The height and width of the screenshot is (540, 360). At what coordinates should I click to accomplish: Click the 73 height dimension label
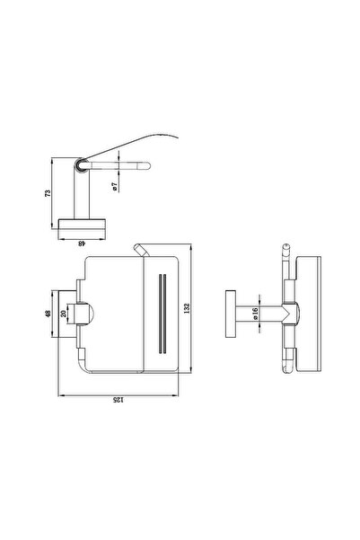[x=48, y=193]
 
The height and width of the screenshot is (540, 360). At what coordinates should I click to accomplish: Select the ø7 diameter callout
[x=115, y=187]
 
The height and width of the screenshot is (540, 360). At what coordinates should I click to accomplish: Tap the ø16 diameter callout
[x=255, y=314]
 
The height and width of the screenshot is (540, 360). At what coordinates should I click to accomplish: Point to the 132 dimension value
[x=187, y=308]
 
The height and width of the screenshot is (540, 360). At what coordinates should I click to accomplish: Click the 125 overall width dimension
[x=118, y=400]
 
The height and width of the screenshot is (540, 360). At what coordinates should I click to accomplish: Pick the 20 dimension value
[x=64, y=314]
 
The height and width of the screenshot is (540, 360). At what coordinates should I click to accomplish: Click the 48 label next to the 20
[x=48, y=314]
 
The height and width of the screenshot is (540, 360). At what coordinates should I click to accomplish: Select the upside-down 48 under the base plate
[x=81, y=243]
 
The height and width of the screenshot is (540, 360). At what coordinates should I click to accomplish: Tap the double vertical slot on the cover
[x=162, y=314]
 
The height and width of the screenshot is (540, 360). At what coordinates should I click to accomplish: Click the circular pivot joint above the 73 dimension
[x=81, y=165]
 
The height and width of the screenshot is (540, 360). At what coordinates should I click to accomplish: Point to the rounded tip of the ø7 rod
[x=147, y=165]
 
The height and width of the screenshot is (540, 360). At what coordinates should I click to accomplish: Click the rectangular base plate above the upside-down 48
[x=82, y=224]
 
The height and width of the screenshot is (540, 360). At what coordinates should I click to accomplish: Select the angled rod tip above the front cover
[x=140, y=251]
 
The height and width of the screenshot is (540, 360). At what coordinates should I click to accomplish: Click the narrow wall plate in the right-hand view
[x=231, y=314]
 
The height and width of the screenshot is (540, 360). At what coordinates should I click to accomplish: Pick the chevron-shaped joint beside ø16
[x=290, y=314]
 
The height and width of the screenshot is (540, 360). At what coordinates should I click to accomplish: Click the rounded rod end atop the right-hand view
[x=285, y=247]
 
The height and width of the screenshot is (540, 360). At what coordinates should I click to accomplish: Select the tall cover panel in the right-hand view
[x=308, y=314]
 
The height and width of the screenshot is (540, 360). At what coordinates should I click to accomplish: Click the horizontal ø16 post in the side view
[x=259, y=314]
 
